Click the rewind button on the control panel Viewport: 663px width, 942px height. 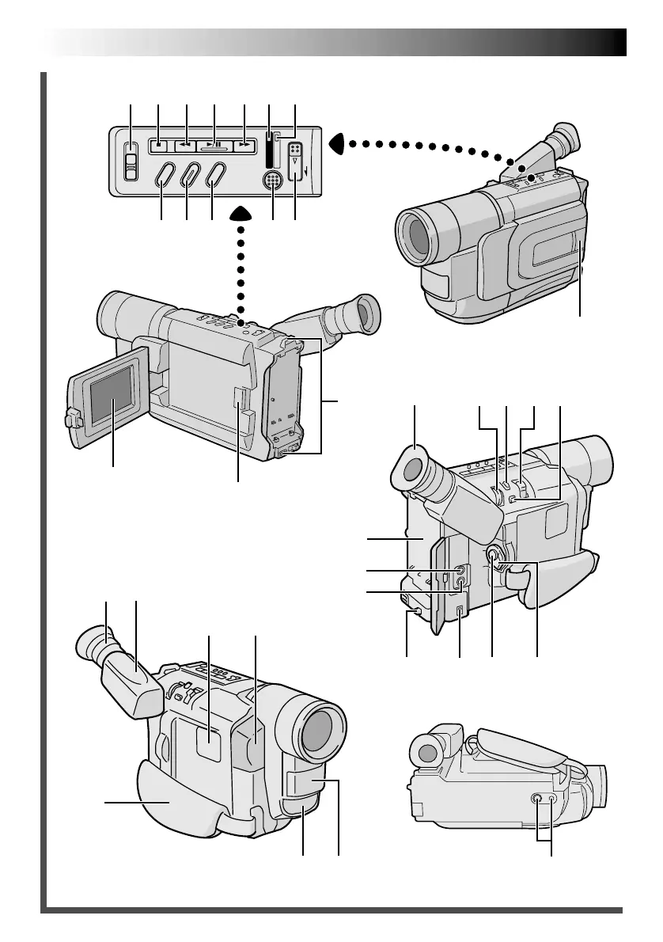[186, 146]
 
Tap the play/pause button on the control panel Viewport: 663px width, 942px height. [214, 146]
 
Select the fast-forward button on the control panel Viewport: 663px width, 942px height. [244, 146]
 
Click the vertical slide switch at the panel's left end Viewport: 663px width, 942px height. [131, 162]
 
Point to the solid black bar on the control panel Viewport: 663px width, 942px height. [269, 150]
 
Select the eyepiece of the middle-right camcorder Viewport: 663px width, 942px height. [412, 470]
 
